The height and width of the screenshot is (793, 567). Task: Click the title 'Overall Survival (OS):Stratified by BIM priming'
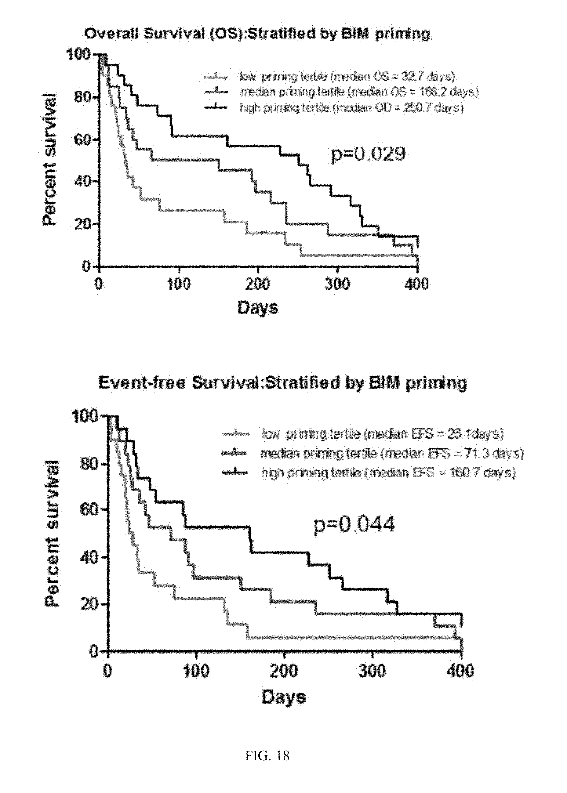click(257, 34)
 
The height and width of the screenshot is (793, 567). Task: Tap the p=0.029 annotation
click(368, 154)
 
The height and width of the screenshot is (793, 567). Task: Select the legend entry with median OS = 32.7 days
click(347, 76)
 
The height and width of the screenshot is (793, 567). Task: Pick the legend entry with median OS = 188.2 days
click(359, 92)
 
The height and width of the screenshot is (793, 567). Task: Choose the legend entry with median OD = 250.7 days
click(351, 108)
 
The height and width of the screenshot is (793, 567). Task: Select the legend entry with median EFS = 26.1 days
click(383, 434)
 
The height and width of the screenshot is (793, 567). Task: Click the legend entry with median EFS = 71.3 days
click(392, 453)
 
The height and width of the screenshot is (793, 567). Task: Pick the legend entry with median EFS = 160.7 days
click(388, 473)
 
